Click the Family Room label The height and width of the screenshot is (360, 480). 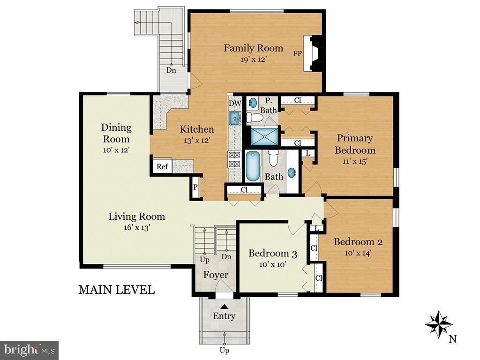click(x=253, y=48)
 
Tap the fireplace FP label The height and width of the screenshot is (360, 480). click(x=297, y=53)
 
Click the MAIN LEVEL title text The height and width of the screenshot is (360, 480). click(x=116, y=290)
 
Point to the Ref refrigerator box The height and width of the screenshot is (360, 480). click(x=162, y=166)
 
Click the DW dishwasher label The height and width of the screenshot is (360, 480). click(x=235, y=104)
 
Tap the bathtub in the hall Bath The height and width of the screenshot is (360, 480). click(x=253, y=166)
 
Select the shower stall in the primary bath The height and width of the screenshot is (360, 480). click(x=264, y=136)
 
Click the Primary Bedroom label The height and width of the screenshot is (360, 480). click(x=355, y=144)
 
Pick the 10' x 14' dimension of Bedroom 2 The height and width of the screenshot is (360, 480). click(x=358, y=253)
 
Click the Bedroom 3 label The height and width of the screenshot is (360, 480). click(x=273, y=254)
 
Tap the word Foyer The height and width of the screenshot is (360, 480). click(x=216, y=275)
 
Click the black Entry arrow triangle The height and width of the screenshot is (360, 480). click(x=225, y=307)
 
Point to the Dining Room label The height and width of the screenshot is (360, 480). click(x=116, y=133)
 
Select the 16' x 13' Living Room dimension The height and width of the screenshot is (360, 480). click(x=136, y=227)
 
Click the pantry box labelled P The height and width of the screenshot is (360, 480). click(x=195, y=187)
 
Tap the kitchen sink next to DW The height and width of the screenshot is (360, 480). click(x=235, y=118)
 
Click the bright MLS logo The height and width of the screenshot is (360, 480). click(x=30, y=350)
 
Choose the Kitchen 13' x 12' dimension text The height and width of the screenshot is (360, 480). click(x=196, y=141)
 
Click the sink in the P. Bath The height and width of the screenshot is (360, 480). click(x=253, y=103)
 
